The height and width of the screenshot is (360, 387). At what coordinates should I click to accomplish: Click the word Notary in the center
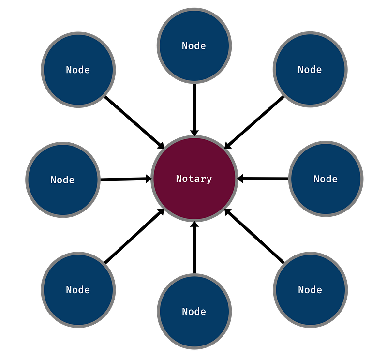(x=194, y=179)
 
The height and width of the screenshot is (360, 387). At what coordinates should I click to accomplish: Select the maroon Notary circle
(x=194, y=179)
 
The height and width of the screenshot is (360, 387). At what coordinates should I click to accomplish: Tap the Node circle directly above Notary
(x=194, y=45)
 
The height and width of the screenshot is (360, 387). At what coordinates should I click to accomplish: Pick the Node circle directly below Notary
(x=194, y=311)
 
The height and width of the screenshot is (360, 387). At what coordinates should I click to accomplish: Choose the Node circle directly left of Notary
(x=63, y=180)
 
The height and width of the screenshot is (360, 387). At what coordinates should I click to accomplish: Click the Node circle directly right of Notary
(x=326, y=179)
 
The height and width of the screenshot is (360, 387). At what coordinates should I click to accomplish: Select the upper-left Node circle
(x=78, y=70)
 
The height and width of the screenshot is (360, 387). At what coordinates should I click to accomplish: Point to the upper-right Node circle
(x=310, y=69)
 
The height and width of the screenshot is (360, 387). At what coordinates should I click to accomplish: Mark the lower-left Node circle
(x=78, y=290)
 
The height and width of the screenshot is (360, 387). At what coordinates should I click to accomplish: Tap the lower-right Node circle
(x=311, y=290)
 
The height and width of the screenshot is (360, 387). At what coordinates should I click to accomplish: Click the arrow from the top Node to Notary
(x=194, y=110)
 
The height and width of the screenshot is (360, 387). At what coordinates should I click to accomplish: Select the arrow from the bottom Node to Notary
(x=194, y=247)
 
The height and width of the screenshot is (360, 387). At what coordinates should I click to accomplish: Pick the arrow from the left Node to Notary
(x=126, y=179)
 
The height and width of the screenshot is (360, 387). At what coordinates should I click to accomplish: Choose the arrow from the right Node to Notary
(x=263, y=179)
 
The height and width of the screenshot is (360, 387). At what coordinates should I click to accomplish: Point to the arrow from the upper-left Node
(x=134, y=122)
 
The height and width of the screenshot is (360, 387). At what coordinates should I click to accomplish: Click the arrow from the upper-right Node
(x=254, y=122)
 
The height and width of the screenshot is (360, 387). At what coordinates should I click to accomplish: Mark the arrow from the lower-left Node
(x=134, y=236)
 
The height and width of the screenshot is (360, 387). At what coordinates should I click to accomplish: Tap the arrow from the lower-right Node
(x=254, y=236)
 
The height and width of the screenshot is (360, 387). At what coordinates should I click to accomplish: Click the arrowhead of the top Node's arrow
(x=194, y=133)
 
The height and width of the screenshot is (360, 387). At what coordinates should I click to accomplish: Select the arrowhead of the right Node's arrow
(x=240, y=179)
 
